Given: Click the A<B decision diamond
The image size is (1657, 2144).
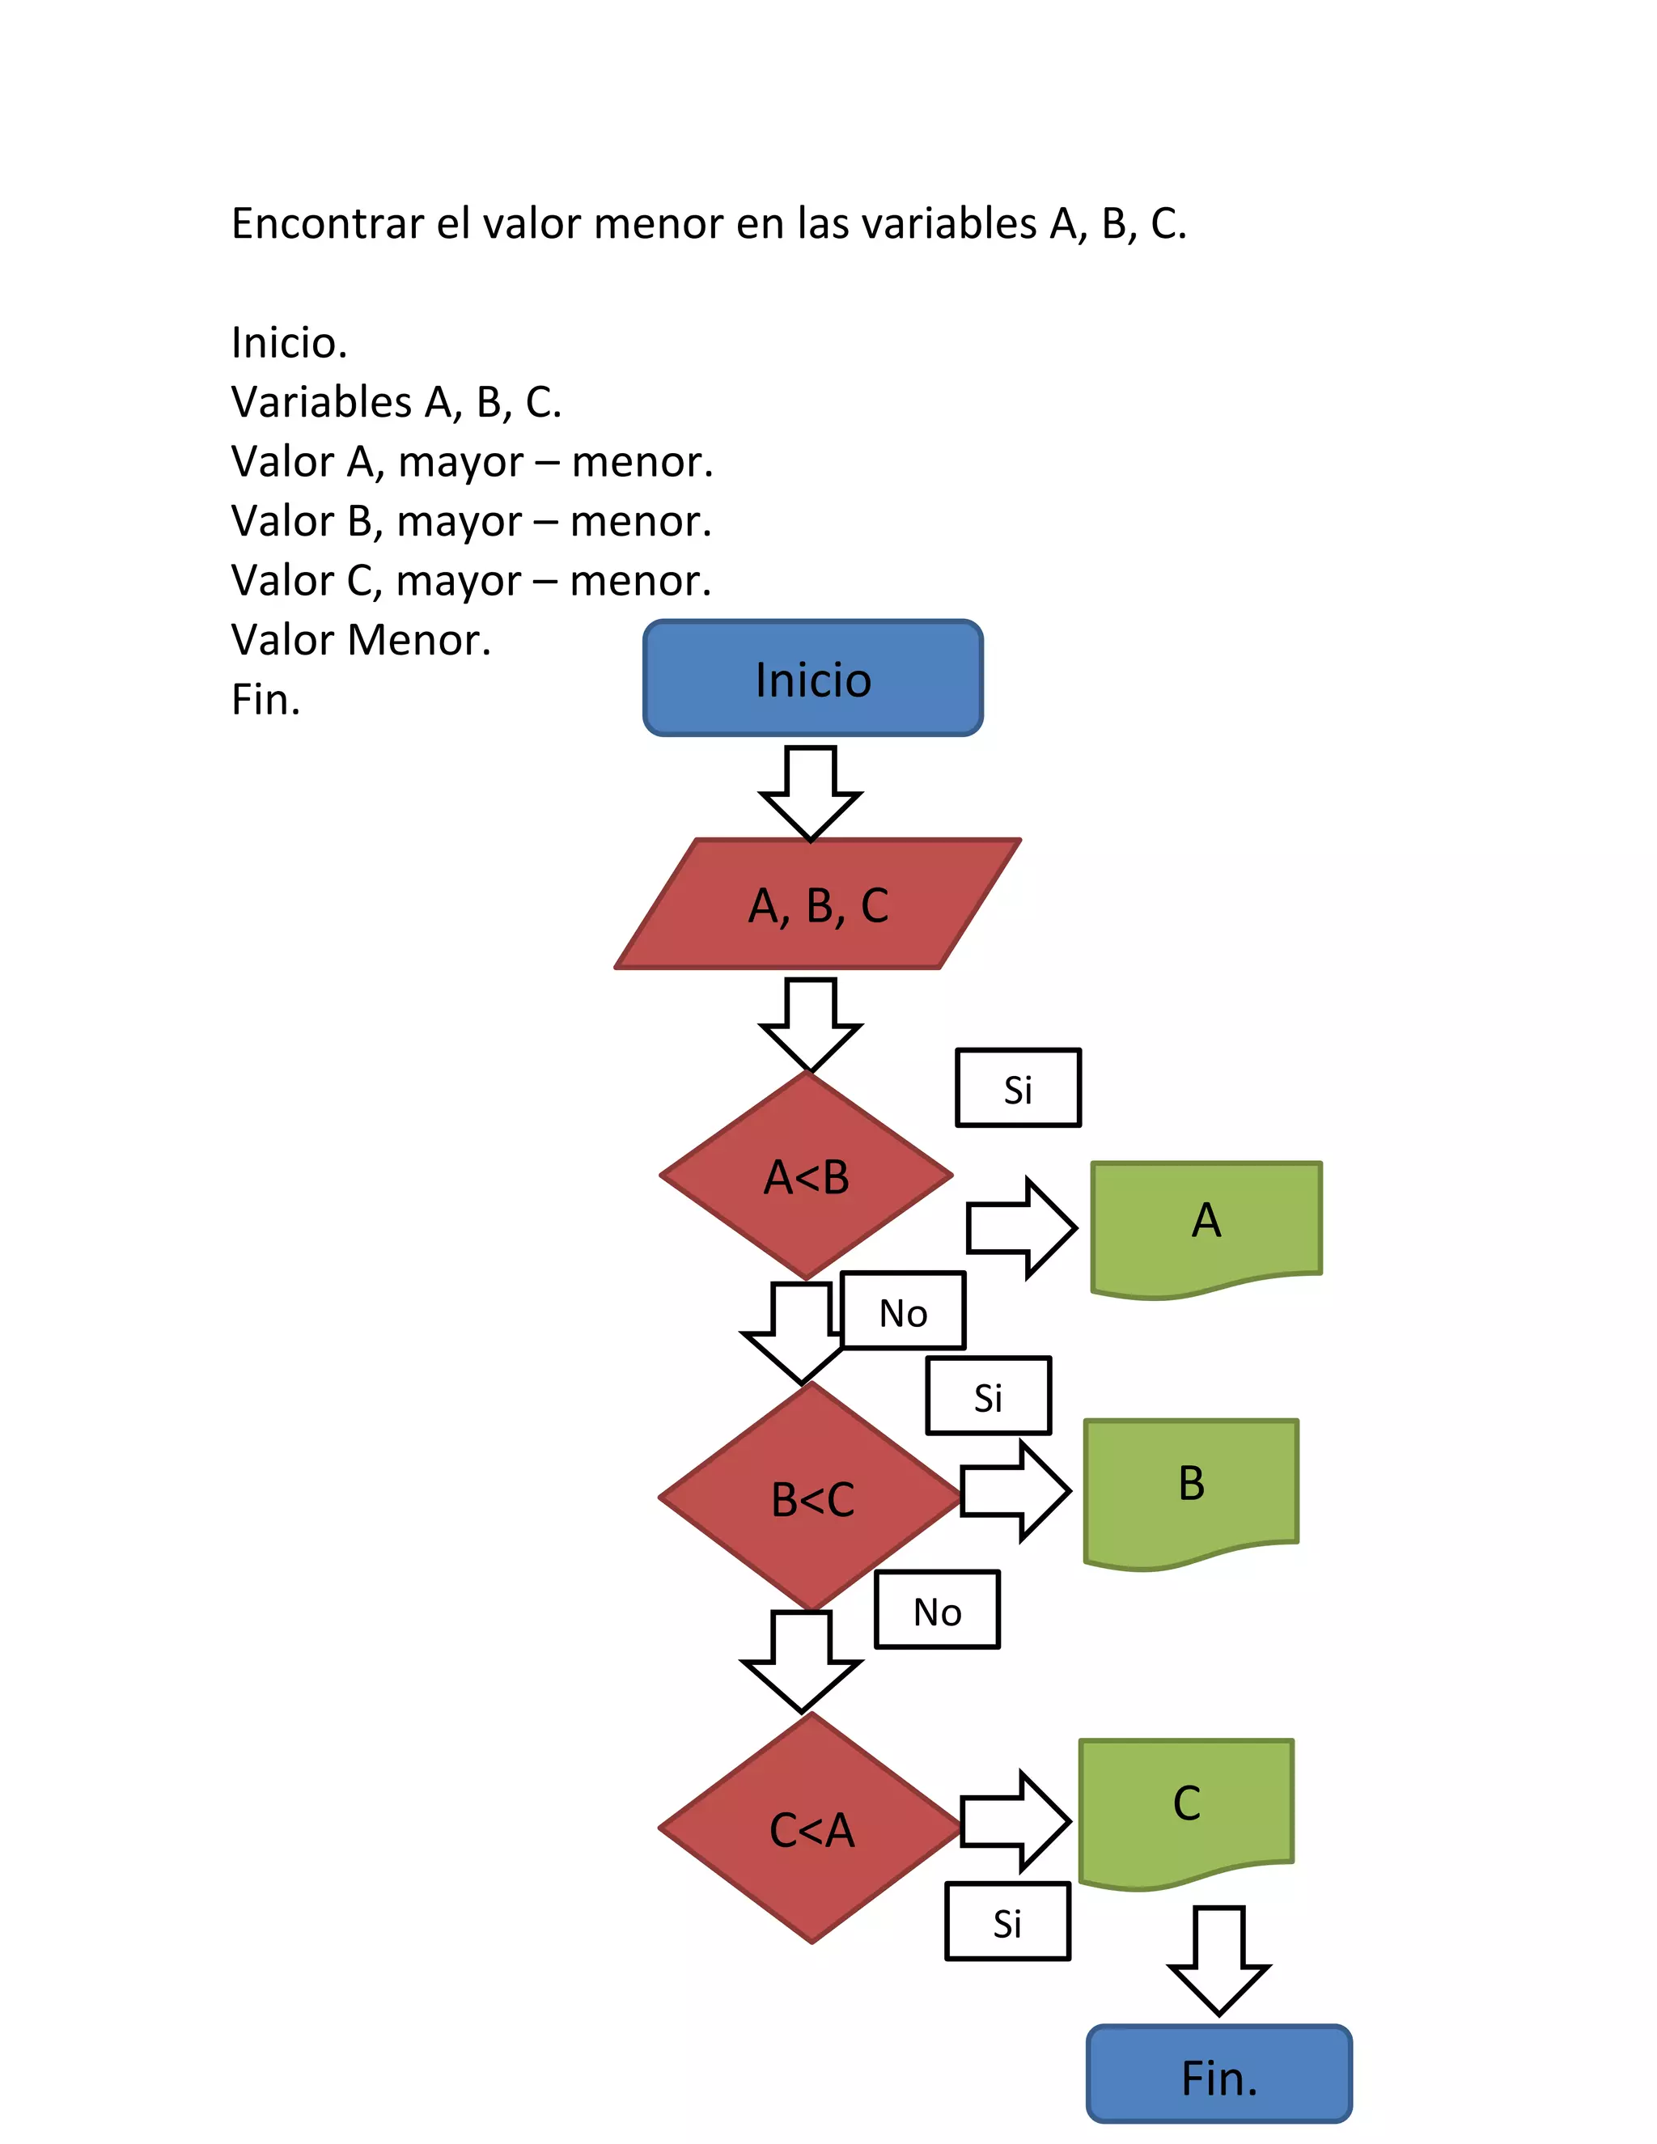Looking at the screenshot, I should [x=806, y=1176].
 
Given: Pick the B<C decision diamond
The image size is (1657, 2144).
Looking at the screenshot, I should [x=811, y=1498].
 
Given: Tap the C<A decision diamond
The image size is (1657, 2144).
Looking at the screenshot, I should [x=811, y=1829].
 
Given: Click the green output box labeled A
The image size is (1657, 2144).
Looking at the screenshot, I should [x=1206, y=1223].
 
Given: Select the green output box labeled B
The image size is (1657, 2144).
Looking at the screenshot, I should [x=1191, y=1485].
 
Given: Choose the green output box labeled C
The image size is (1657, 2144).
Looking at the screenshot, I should [x=1186, y=1807].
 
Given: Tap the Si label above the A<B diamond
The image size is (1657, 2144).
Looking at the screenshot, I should [x=1018, y=1087].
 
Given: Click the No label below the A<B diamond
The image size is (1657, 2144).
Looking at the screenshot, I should [x=903, y=1311].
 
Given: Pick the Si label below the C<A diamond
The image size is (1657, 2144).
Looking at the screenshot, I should [x=1007, y=1922].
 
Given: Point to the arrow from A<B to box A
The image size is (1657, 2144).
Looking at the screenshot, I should [x=1021, y=1227].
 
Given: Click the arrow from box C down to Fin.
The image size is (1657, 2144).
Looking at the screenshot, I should [x=1218, y=1959].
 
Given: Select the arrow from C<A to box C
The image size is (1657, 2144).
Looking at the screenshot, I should [x=1014, y=1821].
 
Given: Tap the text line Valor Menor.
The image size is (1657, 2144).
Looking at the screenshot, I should [x=360, y=640].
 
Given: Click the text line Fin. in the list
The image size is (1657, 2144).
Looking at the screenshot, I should [x=265, y=700].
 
